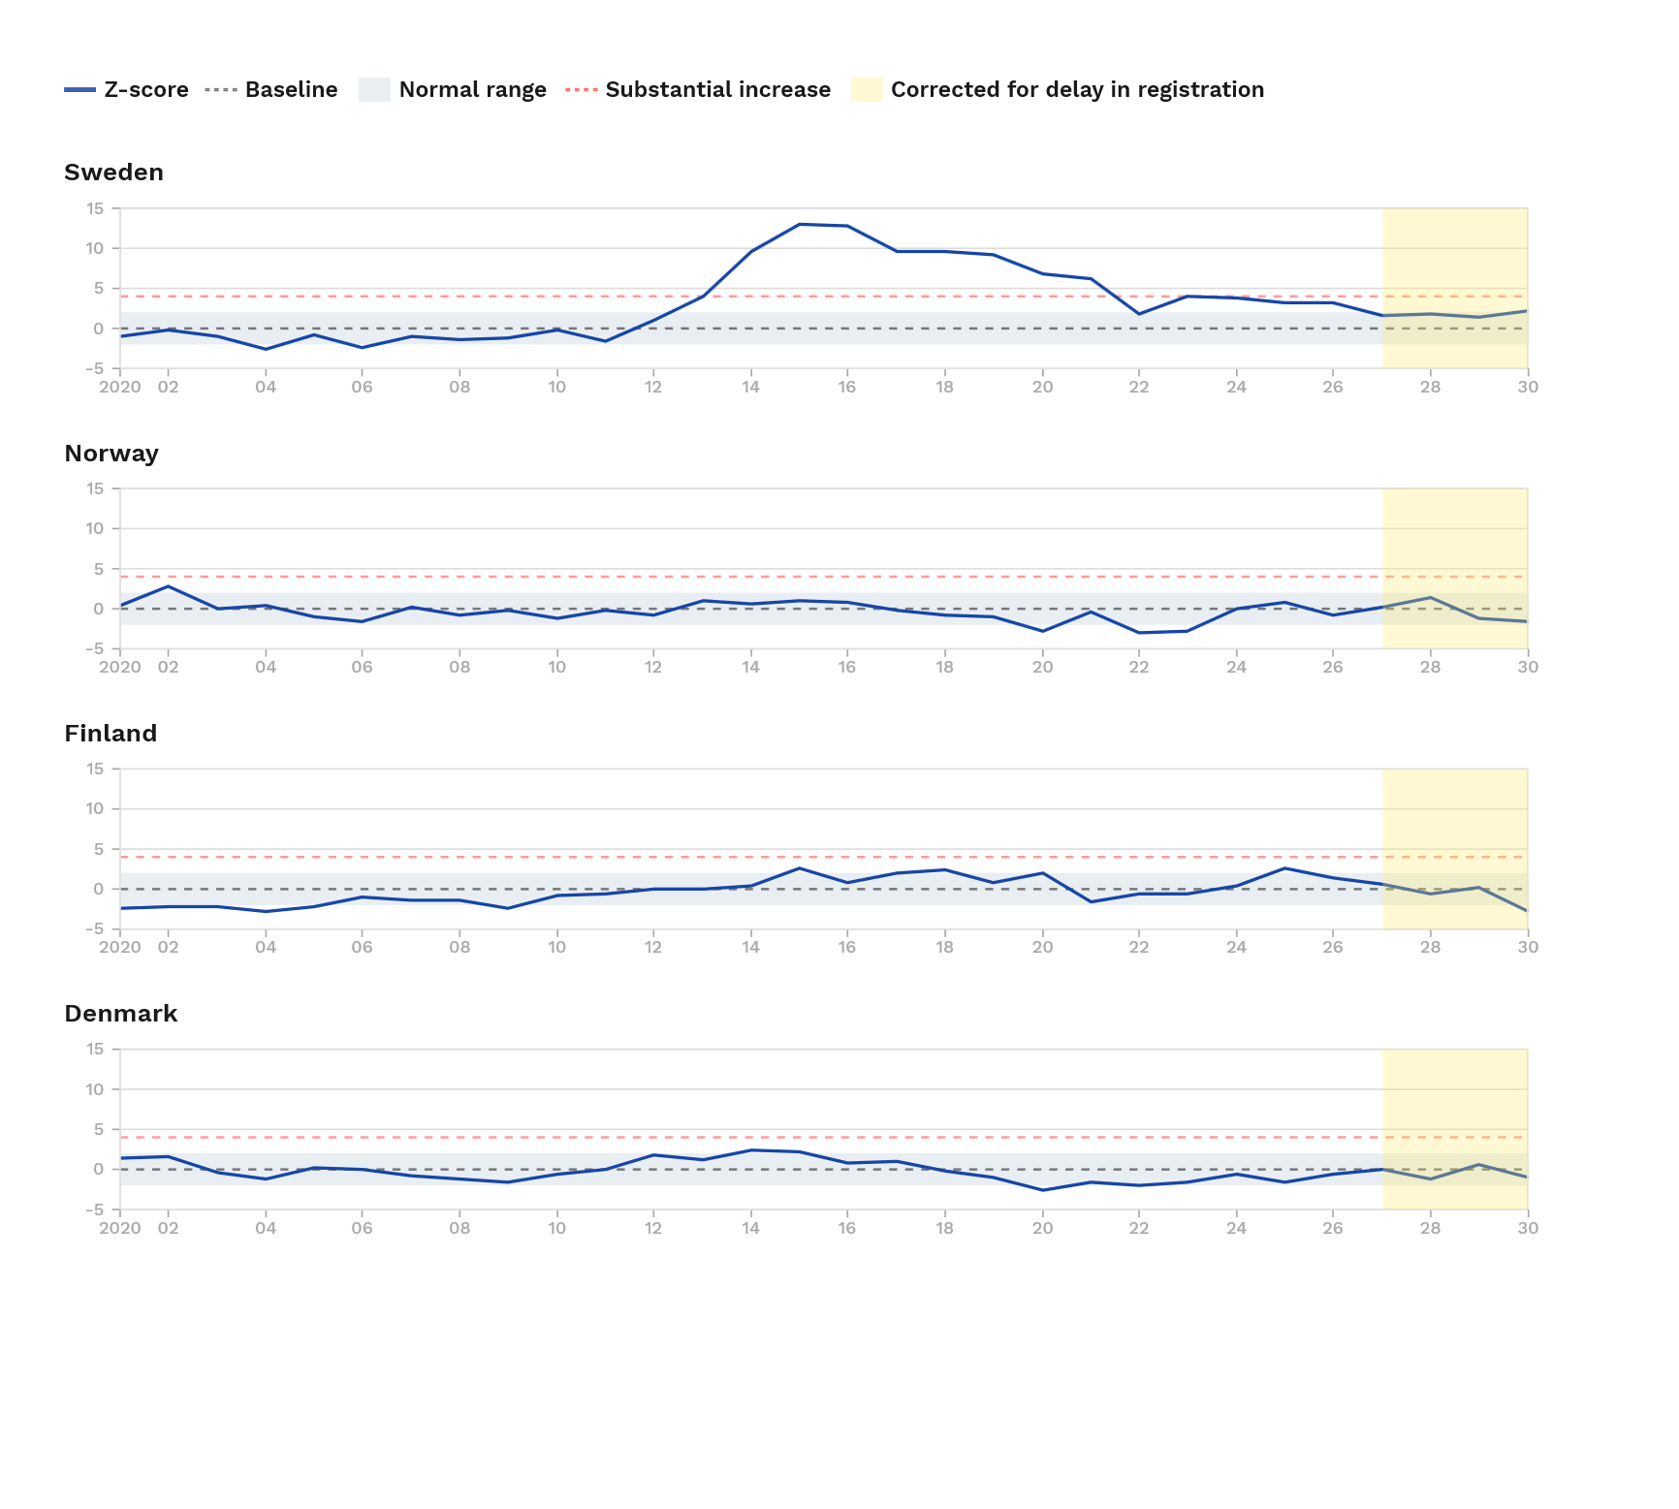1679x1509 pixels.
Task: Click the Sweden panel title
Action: (x=113, y=173)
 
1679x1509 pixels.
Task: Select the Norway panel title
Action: (x=111, y=454)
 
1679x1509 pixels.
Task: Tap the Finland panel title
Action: (x=111, y=734)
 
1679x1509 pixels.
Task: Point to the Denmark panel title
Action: (x=120, y=1014)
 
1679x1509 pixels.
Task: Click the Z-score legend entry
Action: (x=126, y=90)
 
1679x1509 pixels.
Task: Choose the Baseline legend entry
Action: (x=271, y=90)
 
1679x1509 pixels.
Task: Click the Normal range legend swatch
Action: (x=374, y=90)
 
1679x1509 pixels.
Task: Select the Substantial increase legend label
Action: (x=717, y=90)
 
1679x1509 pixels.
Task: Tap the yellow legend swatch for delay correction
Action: (x=867, y=90)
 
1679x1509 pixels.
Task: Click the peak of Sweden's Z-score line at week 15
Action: (x=799, y=224)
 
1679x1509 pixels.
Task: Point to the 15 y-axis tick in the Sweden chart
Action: (x=94, y=208)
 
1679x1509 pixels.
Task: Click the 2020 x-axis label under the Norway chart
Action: (x=119, y=667)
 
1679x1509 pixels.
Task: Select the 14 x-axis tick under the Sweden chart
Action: (x=750, y=387)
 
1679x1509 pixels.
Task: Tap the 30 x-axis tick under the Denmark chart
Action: (x=1528, y=1228)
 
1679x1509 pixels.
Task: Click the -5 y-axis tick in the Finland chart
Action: (x=93, y=929)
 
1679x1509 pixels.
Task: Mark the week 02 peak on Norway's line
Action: (x=169, y=586)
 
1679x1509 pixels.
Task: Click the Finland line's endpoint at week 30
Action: (x=1527, y=911)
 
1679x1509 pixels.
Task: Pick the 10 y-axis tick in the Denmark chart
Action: (x=94, y=1089)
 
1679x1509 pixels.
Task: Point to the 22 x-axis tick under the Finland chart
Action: (x=1139, y=947)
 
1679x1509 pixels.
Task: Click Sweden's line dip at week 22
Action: (x=1139, y=314)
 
